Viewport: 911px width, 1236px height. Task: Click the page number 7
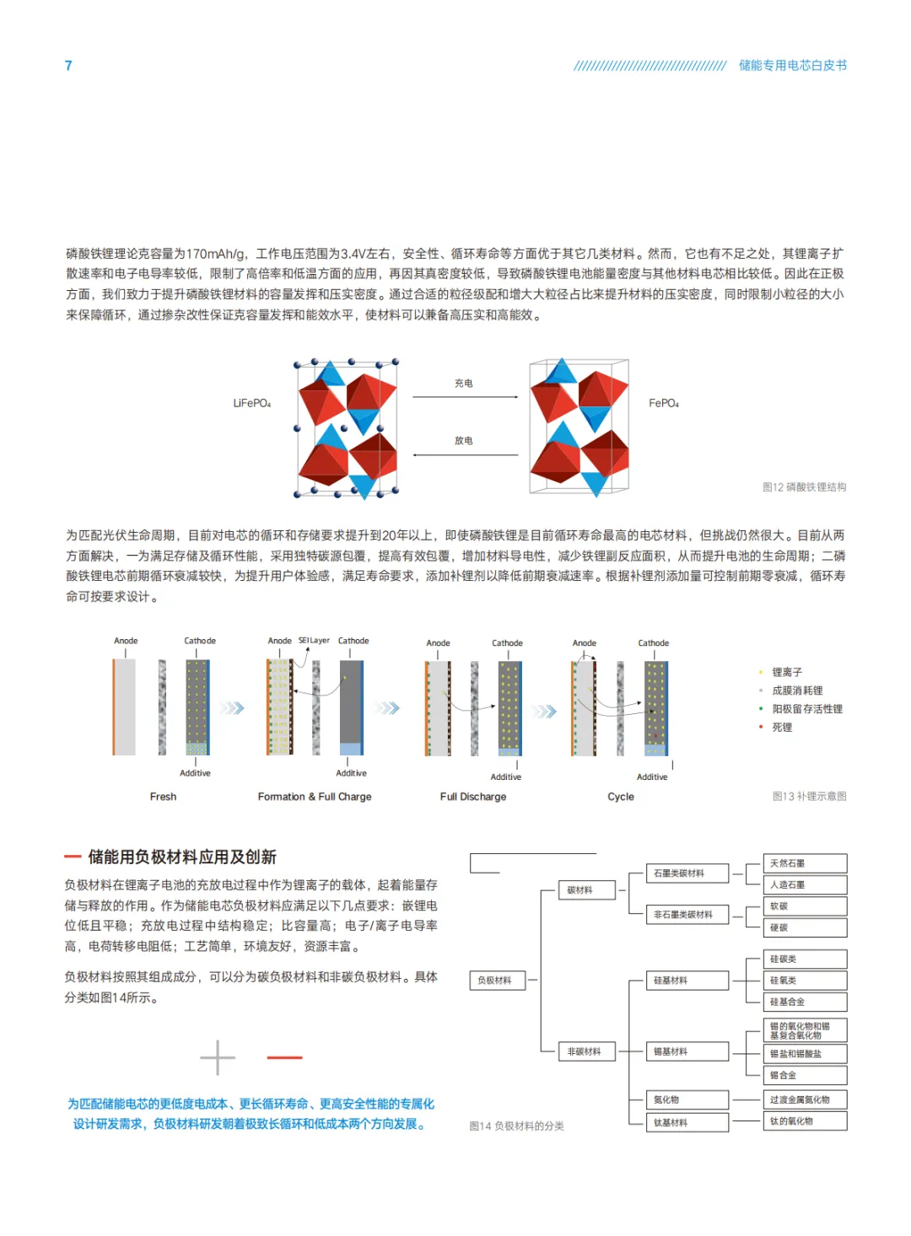68,66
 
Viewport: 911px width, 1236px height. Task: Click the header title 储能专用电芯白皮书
792,66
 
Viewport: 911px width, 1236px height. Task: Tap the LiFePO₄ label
251,404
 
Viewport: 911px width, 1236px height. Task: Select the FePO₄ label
664,404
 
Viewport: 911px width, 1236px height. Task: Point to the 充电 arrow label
464,384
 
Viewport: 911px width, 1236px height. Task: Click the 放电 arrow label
464,441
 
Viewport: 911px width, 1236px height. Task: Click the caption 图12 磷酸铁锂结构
804,487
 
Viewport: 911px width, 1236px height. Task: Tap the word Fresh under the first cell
163,797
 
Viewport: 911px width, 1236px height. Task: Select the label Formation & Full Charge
315,797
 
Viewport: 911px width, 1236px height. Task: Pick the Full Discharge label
473,797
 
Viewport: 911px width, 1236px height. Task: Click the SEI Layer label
314,641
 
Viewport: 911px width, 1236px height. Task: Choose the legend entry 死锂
782,728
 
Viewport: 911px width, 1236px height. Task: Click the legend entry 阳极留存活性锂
807,709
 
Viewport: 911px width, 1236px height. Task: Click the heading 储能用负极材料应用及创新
182,857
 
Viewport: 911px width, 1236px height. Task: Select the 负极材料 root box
497,981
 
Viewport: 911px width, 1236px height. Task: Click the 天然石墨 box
805,863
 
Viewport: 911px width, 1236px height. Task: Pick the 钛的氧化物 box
805,1121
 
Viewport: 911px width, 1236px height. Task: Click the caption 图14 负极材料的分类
516,1126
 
